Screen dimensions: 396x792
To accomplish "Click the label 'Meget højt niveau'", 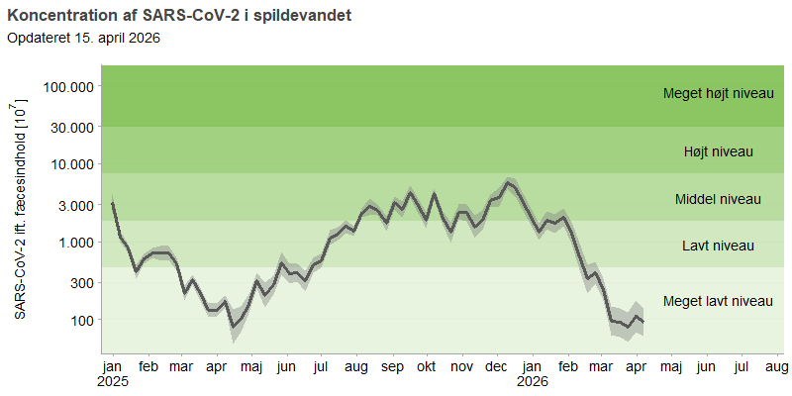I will click(x=718, y=94).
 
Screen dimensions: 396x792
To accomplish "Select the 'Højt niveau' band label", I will click(x=719, y=151).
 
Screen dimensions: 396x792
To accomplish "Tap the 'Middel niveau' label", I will click(x=718, y=199).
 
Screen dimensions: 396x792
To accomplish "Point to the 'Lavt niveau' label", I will click(x=719, y=246).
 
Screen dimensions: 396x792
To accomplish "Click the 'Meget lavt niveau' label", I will click(x=718, y=301).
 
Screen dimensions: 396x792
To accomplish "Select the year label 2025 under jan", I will click(x=113, y=381).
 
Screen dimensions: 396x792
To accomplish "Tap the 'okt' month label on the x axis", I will click(x=427, y=367).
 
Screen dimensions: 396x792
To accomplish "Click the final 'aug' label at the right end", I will click(x=776, y=367).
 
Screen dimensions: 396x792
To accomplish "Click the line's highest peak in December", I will click(x=509, y=182).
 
